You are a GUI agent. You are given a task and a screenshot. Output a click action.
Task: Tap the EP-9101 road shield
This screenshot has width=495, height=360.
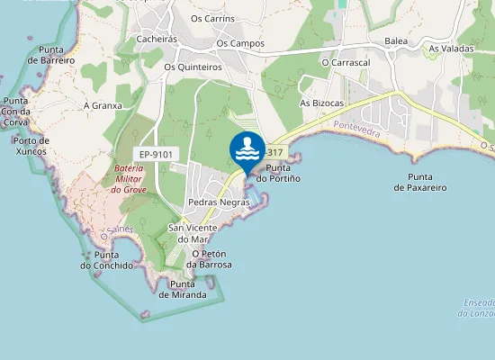click(x=156, y=154)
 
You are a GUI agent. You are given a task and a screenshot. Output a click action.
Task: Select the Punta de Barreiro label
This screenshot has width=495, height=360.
click(x=49, y=54)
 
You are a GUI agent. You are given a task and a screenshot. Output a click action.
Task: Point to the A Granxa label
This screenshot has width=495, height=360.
click(x=102, y=105)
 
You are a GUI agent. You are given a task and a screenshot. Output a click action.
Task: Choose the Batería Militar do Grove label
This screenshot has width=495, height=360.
click(x=130, y=179)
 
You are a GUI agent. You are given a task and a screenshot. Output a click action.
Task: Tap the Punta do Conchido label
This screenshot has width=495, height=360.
click(x=106, y=260)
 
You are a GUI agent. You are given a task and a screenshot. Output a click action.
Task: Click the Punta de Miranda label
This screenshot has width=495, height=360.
click(x=183, y=290)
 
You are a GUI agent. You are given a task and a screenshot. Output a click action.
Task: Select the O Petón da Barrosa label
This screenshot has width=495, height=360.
click(x=209, y=259)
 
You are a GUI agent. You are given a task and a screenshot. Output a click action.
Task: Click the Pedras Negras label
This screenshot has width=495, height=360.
click(x=219, y=203)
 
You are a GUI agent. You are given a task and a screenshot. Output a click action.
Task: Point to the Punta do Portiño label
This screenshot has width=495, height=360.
click(x=278, y=173)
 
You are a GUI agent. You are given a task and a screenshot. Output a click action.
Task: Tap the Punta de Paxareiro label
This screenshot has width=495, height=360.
click(x=427, y=182)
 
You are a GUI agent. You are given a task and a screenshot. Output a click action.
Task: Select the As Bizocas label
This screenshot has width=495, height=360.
click(x=322, y=103)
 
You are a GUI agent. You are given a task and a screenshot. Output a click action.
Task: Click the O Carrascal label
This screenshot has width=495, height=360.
click(x=346, y=63)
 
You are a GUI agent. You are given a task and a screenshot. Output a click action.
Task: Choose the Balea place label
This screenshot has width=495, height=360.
click(x=396, y=41)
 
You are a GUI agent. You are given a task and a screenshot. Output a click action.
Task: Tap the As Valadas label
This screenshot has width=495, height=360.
click(x=450, y=49)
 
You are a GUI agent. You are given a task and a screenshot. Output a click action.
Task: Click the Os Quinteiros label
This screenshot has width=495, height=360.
click(x=193, y=66)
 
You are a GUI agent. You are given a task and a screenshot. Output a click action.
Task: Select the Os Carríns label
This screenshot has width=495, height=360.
click(x=212, y=18)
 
